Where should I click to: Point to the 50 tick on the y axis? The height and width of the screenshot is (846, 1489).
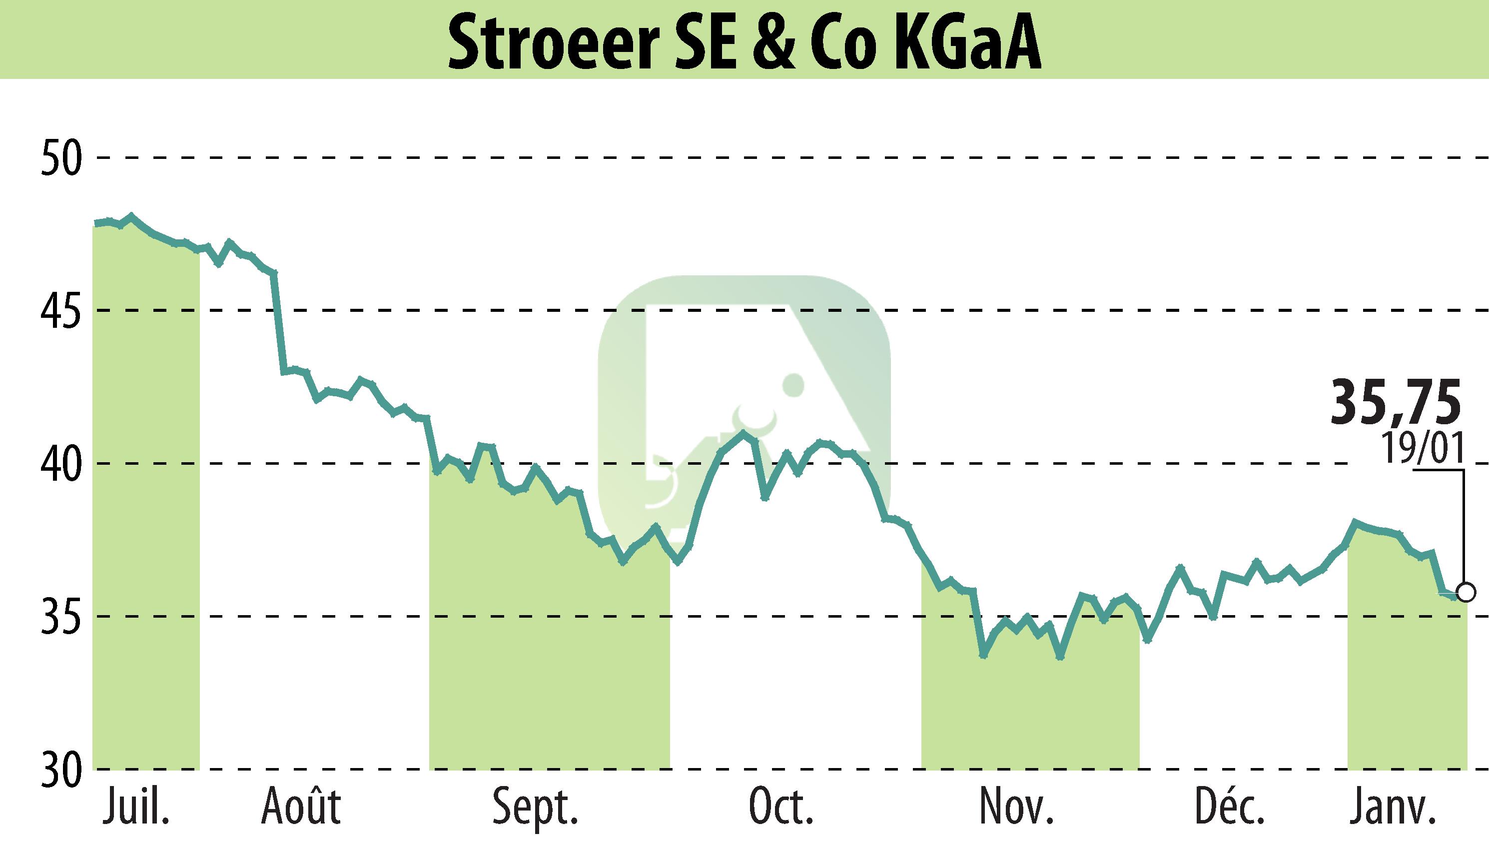61,157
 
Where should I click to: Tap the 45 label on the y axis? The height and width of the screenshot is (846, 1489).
61,311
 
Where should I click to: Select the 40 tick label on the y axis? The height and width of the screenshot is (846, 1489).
61,464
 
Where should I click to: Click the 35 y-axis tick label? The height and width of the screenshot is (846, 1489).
61,617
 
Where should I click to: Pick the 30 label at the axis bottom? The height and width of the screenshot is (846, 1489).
61,771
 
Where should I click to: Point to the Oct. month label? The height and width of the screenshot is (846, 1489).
781,808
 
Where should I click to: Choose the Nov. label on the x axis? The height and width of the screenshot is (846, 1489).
1017,808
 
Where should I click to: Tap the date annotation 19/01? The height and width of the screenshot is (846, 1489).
1422,448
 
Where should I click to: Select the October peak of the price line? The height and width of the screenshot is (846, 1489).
743,432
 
